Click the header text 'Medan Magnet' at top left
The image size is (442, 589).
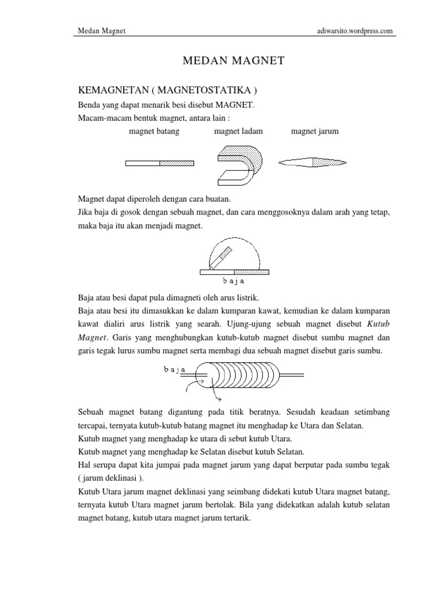point(101,31)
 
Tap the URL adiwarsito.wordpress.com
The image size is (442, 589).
point(350,31)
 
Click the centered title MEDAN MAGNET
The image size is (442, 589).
point(233,60)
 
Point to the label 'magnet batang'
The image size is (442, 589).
point(154,131)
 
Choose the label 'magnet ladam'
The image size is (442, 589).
point(238,131)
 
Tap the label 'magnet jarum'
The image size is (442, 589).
point(315,131)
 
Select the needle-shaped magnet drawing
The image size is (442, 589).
point(314,163)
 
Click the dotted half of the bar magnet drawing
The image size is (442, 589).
point(177,163)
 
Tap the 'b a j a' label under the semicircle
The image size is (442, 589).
point(234,281)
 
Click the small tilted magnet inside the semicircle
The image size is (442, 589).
point(221,258)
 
